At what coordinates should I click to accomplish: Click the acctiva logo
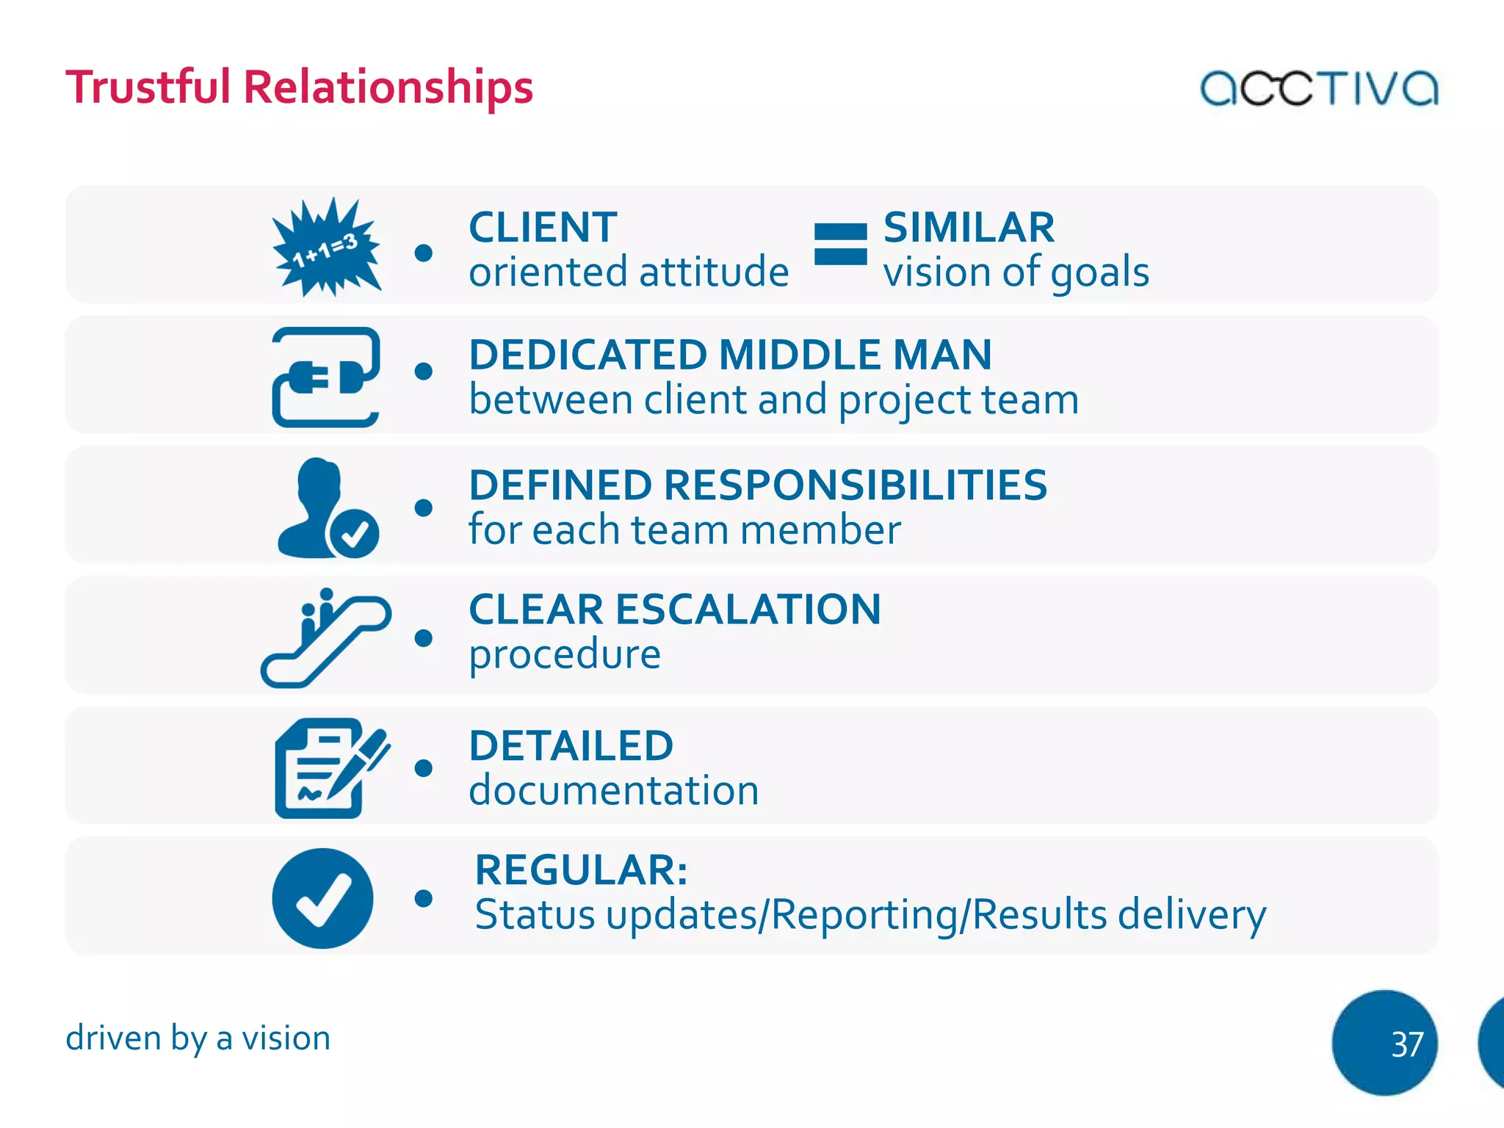[x=1318, y=88]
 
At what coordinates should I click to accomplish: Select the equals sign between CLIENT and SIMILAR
[x=840, y=245]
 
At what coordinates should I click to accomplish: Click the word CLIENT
[x=543, y=228]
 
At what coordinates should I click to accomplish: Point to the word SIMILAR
[x=969, y=228]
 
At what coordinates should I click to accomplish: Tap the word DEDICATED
[x=587, y=355]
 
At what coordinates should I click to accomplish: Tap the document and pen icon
[x=330, y=768]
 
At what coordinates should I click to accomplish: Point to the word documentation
[x=614, y=791]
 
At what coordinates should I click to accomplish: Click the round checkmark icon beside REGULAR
[x=322, y=898]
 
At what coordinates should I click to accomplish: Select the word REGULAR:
[x=581, y=870]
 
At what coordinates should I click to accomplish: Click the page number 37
[x=1406, y=1044]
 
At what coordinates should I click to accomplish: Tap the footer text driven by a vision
[x=198, y=1038]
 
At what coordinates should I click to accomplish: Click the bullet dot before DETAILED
[x=423, y=768]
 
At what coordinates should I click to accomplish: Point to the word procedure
[x=565, y=654]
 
